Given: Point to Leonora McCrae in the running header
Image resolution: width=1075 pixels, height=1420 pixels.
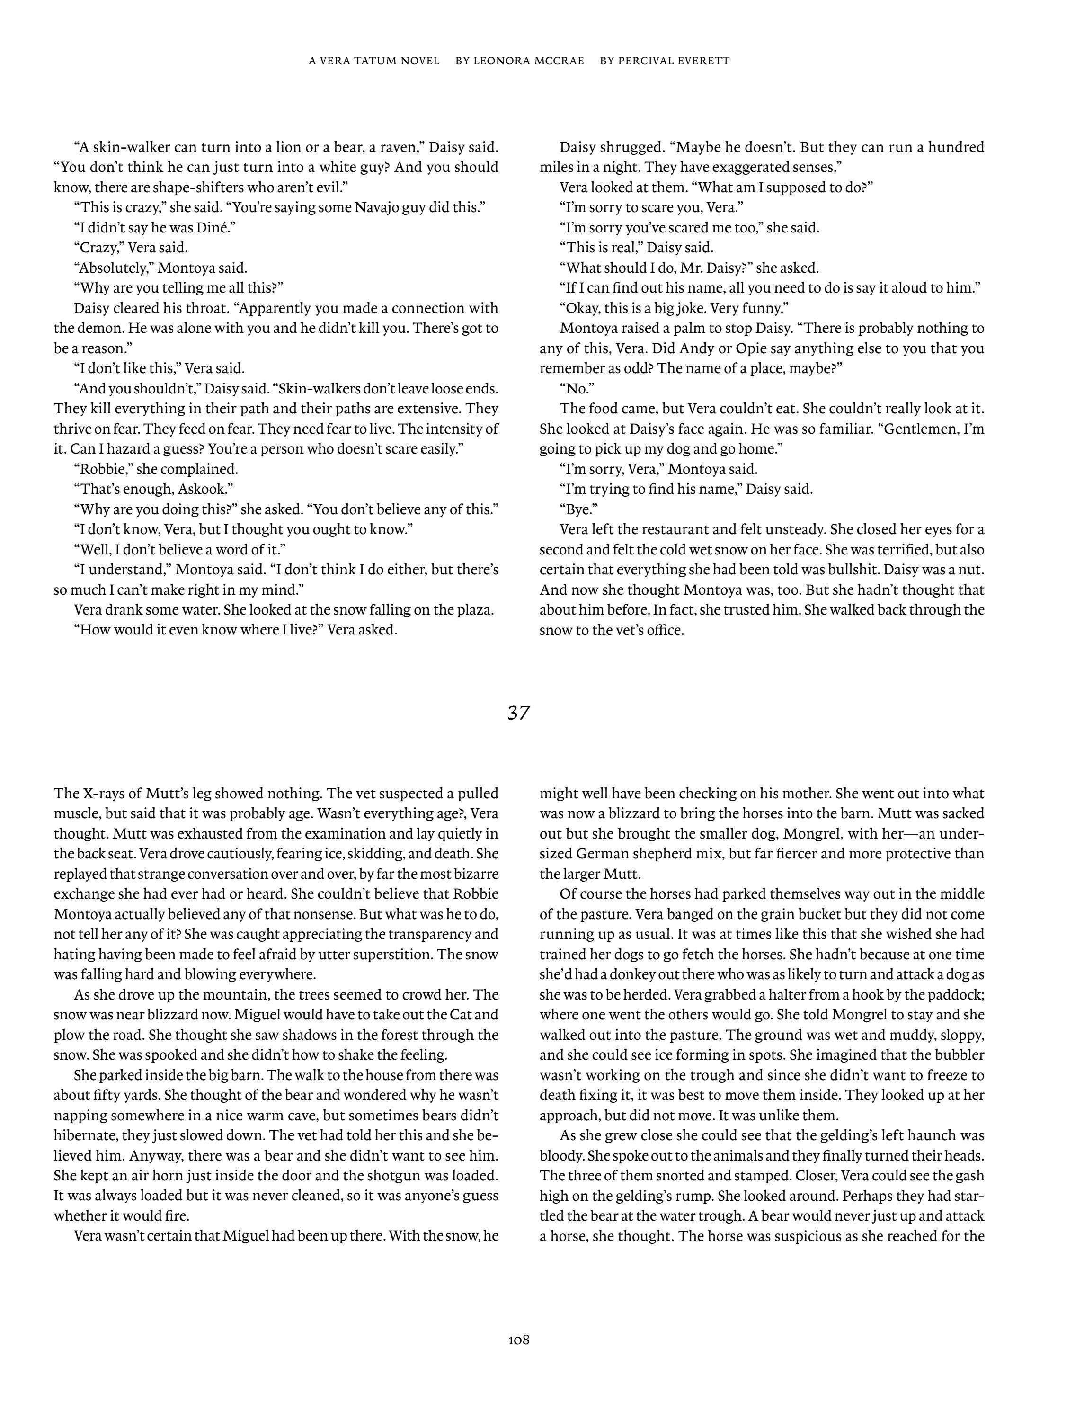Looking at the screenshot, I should [519, 61].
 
